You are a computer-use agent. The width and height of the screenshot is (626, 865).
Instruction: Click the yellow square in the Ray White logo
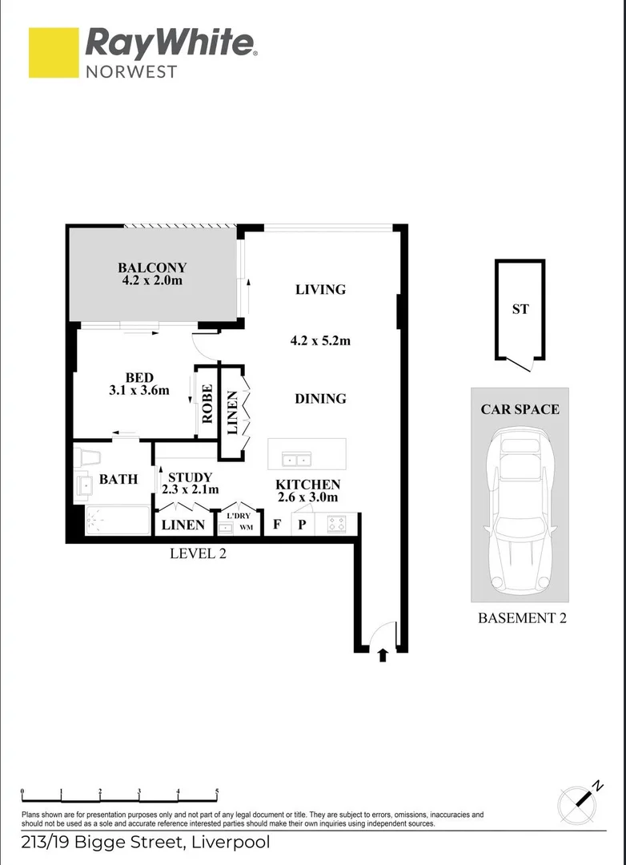(54, 53)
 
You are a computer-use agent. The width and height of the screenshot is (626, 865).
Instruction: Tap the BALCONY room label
(152, 268)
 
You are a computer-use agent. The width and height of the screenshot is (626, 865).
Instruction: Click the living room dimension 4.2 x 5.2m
(320, 340)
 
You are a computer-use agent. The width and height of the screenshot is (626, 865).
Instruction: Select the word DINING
(320, 398)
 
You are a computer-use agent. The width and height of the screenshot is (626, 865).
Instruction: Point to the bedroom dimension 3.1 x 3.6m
(139, 391)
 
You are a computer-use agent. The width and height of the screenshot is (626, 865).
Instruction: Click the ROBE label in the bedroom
(207, 404)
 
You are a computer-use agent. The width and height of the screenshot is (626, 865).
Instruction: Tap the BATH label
(118, 480)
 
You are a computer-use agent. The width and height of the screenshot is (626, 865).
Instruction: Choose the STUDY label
(190, 477)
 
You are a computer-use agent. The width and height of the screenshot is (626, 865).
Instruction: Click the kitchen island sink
(296, 460)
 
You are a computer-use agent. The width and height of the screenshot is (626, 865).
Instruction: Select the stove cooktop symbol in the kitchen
(337, 525)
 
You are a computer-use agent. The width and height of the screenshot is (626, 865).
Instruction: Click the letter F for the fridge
(277, 525)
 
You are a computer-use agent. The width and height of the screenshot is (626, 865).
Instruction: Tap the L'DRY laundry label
(239, 516)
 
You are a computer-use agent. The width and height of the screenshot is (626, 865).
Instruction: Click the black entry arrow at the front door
(383, 654)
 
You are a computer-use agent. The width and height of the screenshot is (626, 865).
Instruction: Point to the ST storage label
(520, 308)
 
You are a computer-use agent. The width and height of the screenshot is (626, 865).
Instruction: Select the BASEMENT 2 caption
(522, 618)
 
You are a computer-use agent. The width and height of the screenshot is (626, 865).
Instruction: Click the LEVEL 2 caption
(199, 553)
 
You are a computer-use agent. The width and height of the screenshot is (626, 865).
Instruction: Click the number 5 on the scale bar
(217, 791)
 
